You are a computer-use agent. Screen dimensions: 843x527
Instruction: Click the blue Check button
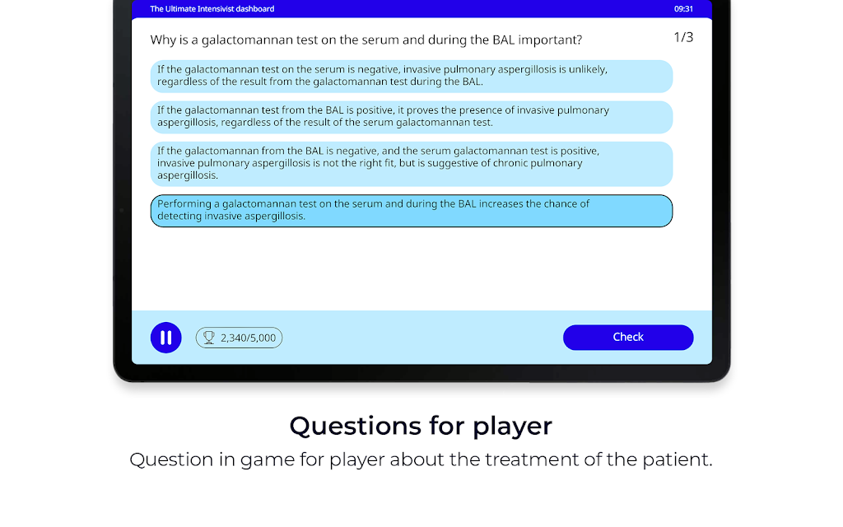628,337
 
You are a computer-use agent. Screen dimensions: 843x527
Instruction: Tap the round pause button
166,338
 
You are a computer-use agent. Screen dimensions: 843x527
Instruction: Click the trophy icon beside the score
208,338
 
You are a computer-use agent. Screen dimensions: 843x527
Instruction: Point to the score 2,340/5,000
248,338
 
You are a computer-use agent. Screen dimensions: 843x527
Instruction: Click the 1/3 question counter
683,37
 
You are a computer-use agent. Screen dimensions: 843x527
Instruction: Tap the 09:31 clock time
683,8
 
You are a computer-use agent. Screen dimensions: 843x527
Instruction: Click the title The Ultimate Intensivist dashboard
212,8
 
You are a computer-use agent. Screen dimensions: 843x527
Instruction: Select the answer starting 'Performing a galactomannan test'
412,211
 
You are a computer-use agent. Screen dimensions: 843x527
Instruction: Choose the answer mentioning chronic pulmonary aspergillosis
412,164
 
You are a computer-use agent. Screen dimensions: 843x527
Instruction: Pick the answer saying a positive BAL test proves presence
412,117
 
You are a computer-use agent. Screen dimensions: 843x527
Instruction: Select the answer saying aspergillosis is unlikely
412,77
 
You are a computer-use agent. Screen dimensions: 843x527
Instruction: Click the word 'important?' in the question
550,40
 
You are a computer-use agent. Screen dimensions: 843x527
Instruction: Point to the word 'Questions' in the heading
356,426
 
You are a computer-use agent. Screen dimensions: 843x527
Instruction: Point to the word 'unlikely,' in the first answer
588,69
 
